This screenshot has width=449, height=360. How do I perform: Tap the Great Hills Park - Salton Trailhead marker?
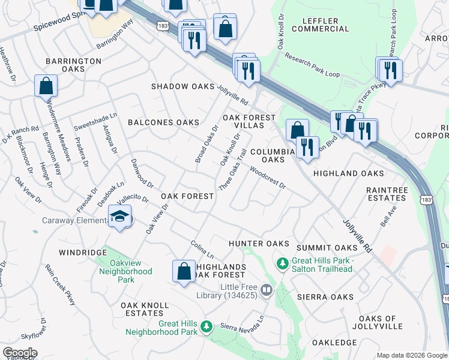[282, 263]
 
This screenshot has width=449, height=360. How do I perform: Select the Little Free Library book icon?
[267, 291]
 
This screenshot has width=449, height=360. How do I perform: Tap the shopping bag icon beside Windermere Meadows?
[46, 86]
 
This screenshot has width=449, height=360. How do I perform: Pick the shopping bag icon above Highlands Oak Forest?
[184, 271]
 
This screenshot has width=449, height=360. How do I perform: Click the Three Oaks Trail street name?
[233, 171]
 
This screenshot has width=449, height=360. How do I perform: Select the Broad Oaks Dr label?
[206, 144]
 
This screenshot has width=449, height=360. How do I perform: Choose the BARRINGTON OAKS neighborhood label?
[73, 65]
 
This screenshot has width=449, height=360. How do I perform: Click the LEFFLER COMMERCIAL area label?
[314, 25]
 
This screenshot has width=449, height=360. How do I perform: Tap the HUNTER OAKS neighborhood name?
[259, 244]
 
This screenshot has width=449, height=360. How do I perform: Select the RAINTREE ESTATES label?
[386, 193]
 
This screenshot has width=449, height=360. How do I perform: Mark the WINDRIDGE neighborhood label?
[82, 253]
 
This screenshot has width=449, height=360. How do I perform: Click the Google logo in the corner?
[19, 353]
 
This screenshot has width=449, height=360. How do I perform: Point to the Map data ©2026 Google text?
[412, 355]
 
